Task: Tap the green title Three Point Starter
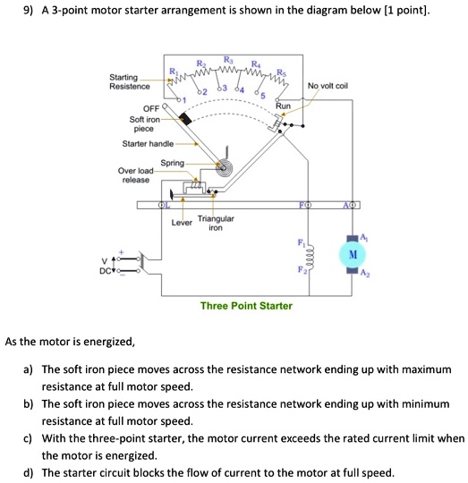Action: (246, 306)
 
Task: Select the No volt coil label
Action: (328, 87)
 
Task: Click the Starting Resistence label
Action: (129, 82)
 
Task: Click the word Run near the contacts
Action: (284, 106)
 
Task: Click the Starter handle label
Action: (149, 143)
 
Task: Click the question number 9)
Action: (13, 12)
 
